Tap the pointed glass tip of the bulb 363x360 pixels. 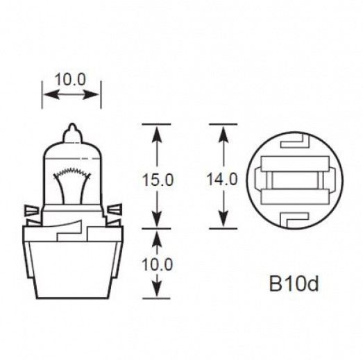(72, 129)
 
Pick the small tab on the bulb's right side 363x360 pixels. (115, 207)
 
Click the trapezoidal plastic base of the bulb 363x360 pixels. (72, 264)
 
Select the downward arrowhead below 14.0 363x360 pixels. (223, 221)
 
